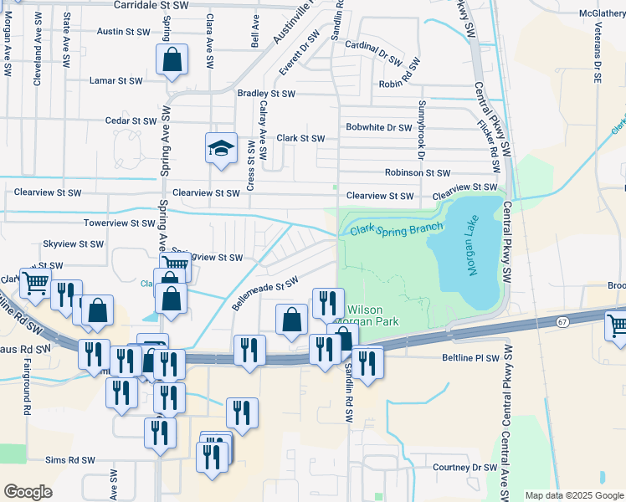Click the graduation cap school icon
[x=221, y=149]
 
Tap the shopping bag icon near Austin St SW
[x=172, y=60]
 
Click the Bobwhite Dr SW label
[x=379, y=128]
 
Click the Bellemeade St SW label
[x=265, y=294]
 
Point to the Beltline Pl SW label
[x=469, y=357]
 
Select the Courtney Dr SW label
[x=464, y=468]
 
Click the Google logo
[x=28, y=492]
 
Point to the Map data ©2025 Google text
[x=573, y=495]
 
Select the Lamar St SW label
[x=116, y=81]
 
